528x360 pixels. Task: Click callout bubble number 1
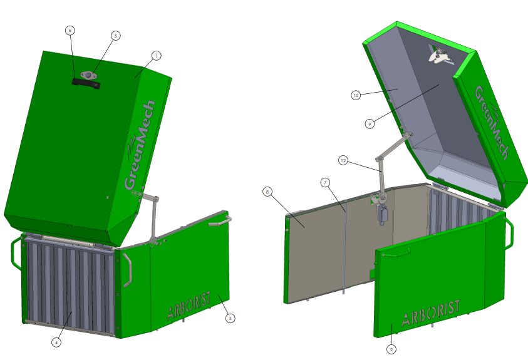(x=156, y=56)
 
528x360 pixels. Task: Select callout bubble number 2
(x=391, y=349)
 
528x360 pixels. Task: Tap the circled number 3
(x=230, y=318)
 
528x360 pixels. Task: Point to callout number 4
(x=56, y=342)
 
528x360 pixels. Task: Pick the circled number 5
(x=115, y=36)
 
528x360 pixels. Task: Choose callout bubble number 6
(x=70, y=31)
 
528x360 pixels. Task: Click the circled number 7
(x=325, y=183)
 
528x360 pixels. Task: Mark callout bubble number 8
(x=267, y=192)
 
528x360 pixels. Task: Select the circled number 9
(x=370, y=124)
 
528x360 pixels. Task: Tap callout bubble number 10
(x=356, y=95)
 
